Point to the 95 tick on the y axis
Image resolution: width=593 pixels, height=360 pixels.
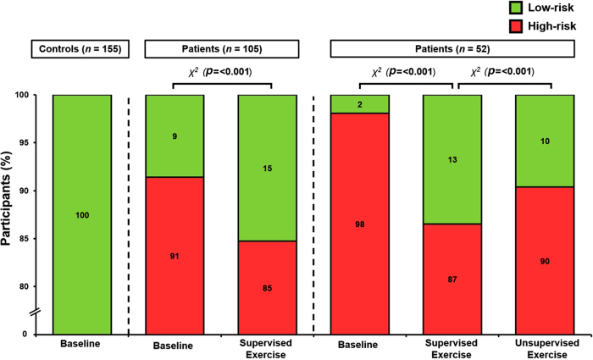click(38, 143)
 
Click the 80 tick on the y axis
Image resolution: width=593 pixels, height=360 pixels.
click(38, 286)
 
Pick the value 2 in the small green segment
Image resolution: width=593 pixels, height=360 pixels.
click(359, 104)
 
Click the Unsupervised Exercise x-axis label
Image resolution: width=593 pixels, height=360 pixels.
click(544, 350)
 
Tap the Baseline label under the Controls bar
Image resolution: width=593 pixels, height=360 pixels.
click(81, 345)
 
